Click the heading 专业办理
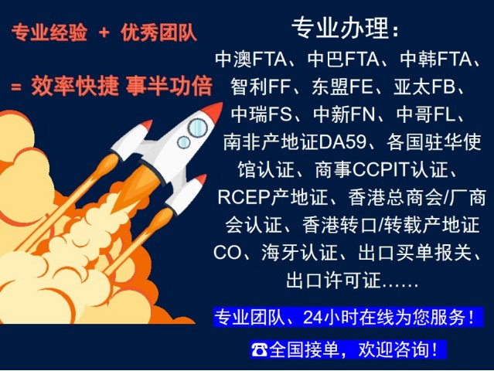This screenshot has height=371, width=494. coord(341,28)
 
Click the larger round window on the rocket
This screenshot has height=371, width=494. coord(198,128)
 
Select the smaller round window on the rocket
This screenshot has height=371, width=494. coord(183,142)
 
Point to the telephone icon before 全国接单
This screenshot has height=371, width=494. coord(259,349)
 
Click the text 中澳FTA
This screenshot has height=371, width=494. coord(251,59)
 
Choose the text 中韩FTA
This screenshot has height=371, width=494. coord(436,59)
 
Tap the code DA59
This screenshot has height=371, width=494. coord(342,141)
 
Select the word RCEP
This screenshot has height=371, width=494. coord(244,197)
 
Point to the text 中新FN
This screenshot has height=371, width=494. coord(344,114)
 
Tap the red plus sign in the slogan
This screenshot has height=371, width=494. coord(104,32)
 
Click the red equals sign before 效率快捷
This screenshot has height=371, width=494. coord(16,87)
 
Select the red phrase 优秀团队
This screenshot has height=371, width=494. coord(158,32)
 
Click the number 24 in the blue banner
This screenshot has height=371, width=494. coord(313,317)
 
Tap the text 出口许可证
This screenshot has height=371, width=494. coord(334,280)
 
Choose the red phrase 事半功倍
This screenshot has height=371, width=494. coord(169,86)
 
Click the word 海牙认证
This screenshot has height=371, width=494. coord(299,253)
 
